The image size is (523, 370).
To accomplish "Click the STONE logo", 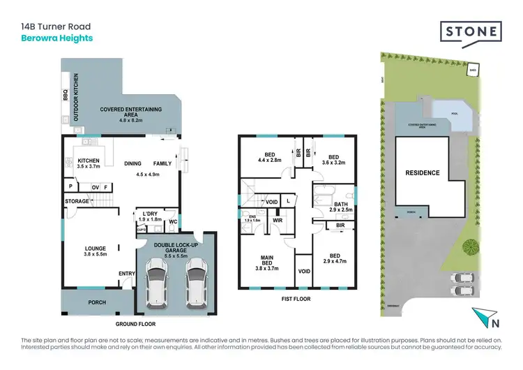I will pos(471,32).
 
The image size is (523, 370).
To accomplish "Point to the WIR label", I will pos(277,220).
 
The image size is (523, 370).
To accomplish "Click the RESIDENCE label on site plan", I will pos(423,172).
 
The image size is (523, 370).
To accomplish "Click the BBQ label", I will pos(65,94).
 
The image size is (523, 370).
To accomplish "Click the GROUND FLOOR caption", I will pos(135,324).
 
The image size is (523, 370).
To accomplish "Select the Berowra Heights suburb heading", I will pos(56,38).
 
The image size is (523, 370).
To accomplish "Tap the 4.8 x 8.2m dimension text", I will pos(126,119).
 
